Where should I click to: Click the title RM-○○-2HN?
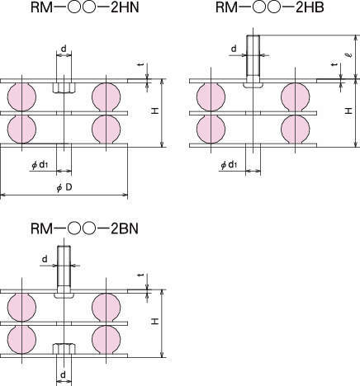[x=85, y=7]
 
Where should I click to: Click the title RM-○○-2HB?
[x=270, y=7]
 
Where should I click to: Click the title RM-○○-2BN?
[x=84, y=228]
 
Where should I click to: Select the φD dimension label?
[x=64, y=187]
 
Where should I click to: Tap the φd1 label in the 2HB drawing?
[x=229, y=165]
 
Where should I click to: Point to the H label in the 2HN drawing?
[x=155, y=111]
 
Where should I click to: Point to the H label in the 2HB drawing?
[x=348, y=111]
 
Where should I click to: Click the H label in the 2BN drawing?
[x=155, y=321]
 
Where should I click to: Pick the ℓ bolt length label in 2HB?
[x=349, y=55]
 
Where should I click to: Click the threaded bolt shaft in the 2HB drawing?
[x=253, y=56]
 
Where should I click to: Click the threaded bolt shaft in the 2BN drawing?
[x=64, y=266]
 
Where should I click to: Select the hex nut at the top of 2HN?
[x=64, y=87]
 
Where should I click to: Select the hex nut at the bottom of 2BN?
[x=64, y=349]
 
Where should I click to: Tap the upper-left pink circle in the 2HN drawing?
[x=21, y=96]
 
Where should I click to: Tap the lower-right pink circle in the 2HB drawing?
[x=295, y=129]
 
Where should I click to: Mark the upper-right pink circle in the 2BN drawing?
[x=106, y=308]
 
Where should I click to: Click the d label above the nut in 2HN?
[x=64, y=49]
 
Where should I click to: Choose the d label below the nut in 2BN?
[x=64, y=374]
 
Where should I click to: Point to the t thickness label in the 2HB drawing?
[x=334, y=64]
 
